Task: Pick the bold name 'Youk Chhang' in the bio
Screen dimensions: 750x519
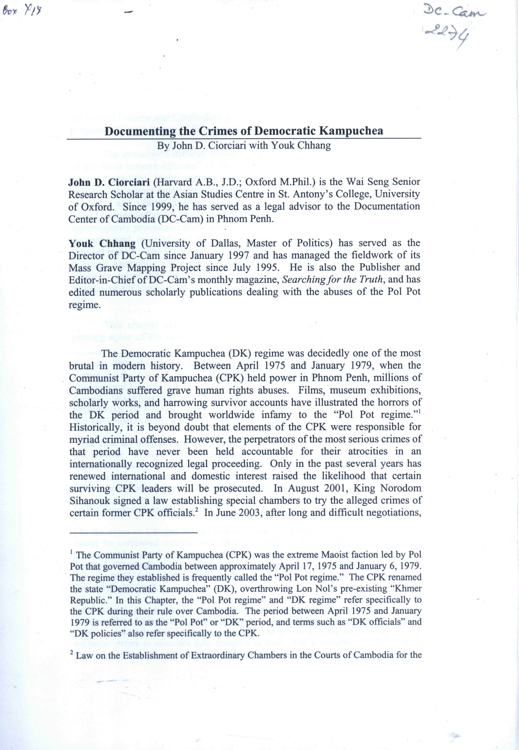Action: (x=102, y=243)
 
